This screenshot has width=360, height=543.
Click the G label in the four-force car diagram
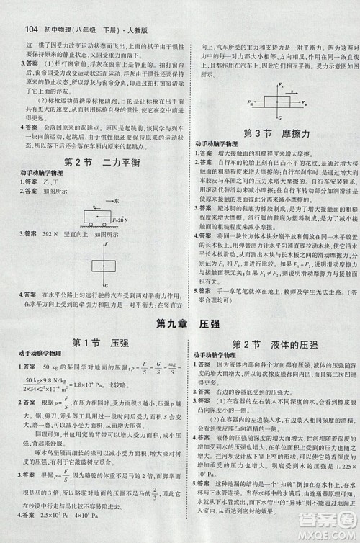pos(270,115)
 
